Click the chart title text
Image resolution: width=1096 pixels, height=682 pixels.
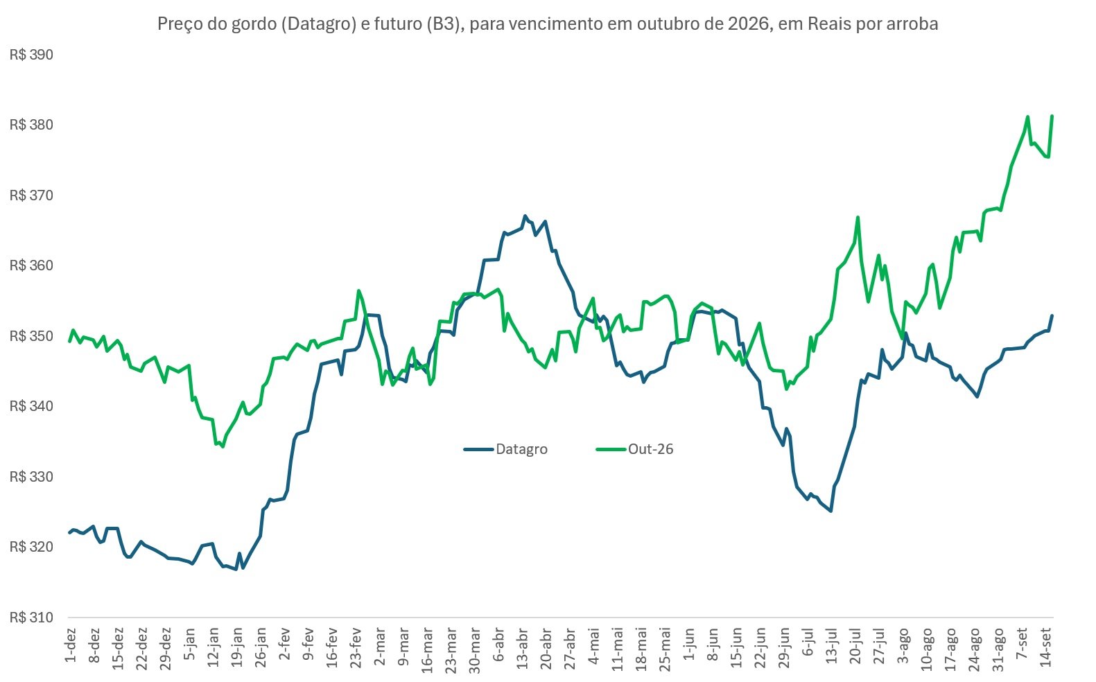[x=548, y=24]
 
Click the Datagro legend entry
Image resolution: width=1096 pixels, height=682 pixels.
[x=505, y=448]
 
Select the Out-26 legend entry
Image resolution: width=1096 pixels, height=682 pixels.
[x=634, y=448]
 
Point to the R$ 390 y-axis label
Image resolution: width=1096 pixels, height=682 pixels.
[x=31, y=54]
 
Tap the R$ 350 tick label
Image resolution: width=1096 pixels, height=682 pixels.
[x=31, y=336]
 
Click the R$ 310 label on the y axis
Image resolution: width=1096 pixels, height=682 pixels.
[x=31, y=618]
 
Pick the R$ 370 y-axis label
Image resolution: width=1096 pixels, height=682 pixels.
[x=31, y=195]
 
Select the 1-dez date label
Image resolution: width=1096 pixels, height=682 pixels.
[x=71, y=645]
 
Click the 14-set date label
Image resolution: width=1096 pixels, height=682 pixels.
[x=1046, y=647]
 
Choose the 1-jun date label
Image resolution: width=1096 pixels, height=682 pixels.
[x=689, y=644]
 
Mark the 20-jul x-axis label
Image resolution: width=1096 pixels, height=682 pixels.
[x=855, y=646]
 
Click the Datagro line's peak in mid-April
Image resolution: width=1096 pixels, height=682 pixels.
[x=525, y=216]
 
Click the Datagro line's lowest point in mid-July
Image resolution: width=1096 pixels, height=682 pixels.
[x=830, y=511]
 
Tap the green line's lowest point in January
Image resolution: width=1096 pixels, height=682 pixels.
[x=223, y=446]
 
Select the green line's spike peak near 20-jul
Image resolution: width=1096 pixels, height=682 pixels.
[x=858, y=217]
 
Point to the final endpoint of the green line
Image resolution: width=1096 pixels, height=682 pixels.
[x=1052, y=116]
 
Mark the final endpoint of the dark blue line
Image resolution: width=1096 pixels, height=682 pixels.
[x=1052, y=315]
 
